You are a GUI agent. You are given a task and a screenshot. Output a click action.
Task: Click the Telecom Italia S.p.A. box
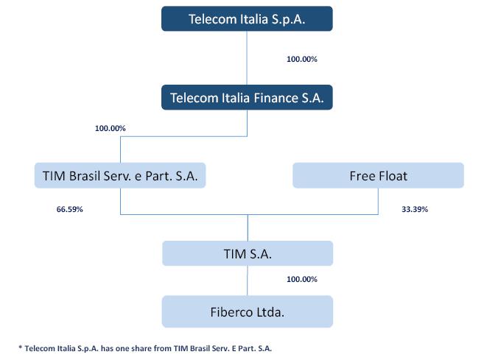tap(247, 18)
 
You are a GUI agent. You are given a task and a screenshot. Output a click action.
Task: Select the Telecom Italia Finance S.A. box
tap(247, 97)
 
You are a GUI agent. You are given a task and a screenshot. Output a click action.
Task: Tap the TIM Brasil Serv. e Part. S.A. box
tap(120, 175)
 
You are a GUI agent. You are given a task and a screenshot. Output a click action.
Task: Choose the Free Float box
tap(378, 175)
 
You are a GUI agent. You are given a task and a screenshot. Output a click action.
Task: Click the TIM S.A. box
tap(248, 253)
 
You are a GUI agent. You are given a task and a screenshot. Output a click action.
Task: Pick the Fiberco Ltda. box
tap(248, 311)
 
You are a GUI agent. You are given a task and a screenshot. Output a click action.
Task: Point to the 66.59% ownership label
tap(69, 209)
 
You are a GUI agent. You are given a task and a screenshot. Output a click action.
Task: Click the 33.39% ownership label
tap(415, 209)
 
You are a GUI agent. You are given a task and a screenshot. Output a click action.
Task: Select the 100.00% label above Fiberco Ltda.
tap(302, 279)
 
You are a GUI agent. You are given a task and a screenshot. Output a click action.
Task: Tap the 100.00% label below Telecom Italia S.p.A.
tap(302, 59)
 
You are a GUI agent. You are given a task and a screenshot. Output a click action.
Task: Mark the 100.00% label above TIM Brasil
tap(111, 128)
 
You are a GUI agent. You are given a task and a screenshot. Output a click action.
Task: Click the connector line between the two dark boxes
tap(247, 58)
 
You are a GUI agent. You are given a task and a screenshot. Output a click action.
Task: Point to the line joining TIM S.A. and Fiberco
tap(248, 281)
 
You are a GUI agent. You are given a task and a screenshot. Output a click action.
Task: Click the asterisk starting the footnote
tap(21, 347)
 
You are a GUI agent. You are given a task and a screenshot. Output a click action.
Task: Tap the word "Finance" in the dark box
tap(276, 98)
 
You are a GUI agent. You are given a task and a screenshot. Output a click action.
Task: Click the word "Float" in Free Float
tap(393, 176)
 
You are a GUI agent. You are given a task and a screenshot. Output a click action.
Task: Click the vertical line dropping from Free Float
tap(378, 201)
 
